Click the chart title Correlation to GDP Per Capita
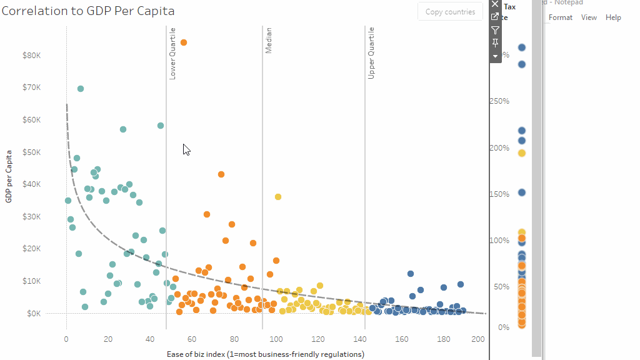click(88, 11)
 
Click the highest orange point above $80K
click(184, 42)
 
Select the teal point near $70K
click(81, 89)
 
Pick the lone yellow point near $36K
click(278, 197)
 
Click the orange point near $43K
click(221, 174)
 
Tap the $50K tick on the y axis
click(32, 152)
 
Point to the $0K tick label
click(34, 313)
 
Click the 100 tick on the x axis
click(276, 339)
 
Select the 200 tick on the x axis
click(477, 339)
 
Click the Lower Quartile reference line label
click(173, 53)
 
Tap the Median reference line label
click(269, 40)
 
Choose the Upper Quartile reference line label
click(371, 53)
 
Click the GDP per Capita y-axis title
click(9, 176)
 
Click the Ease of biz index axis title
click(266, 354)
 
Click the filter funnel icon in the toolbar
click(496, 30)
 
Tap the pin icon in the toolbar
click(496, 42)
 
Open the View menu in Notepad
click(589, 17)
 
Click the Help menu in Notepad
click(613, 17)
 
